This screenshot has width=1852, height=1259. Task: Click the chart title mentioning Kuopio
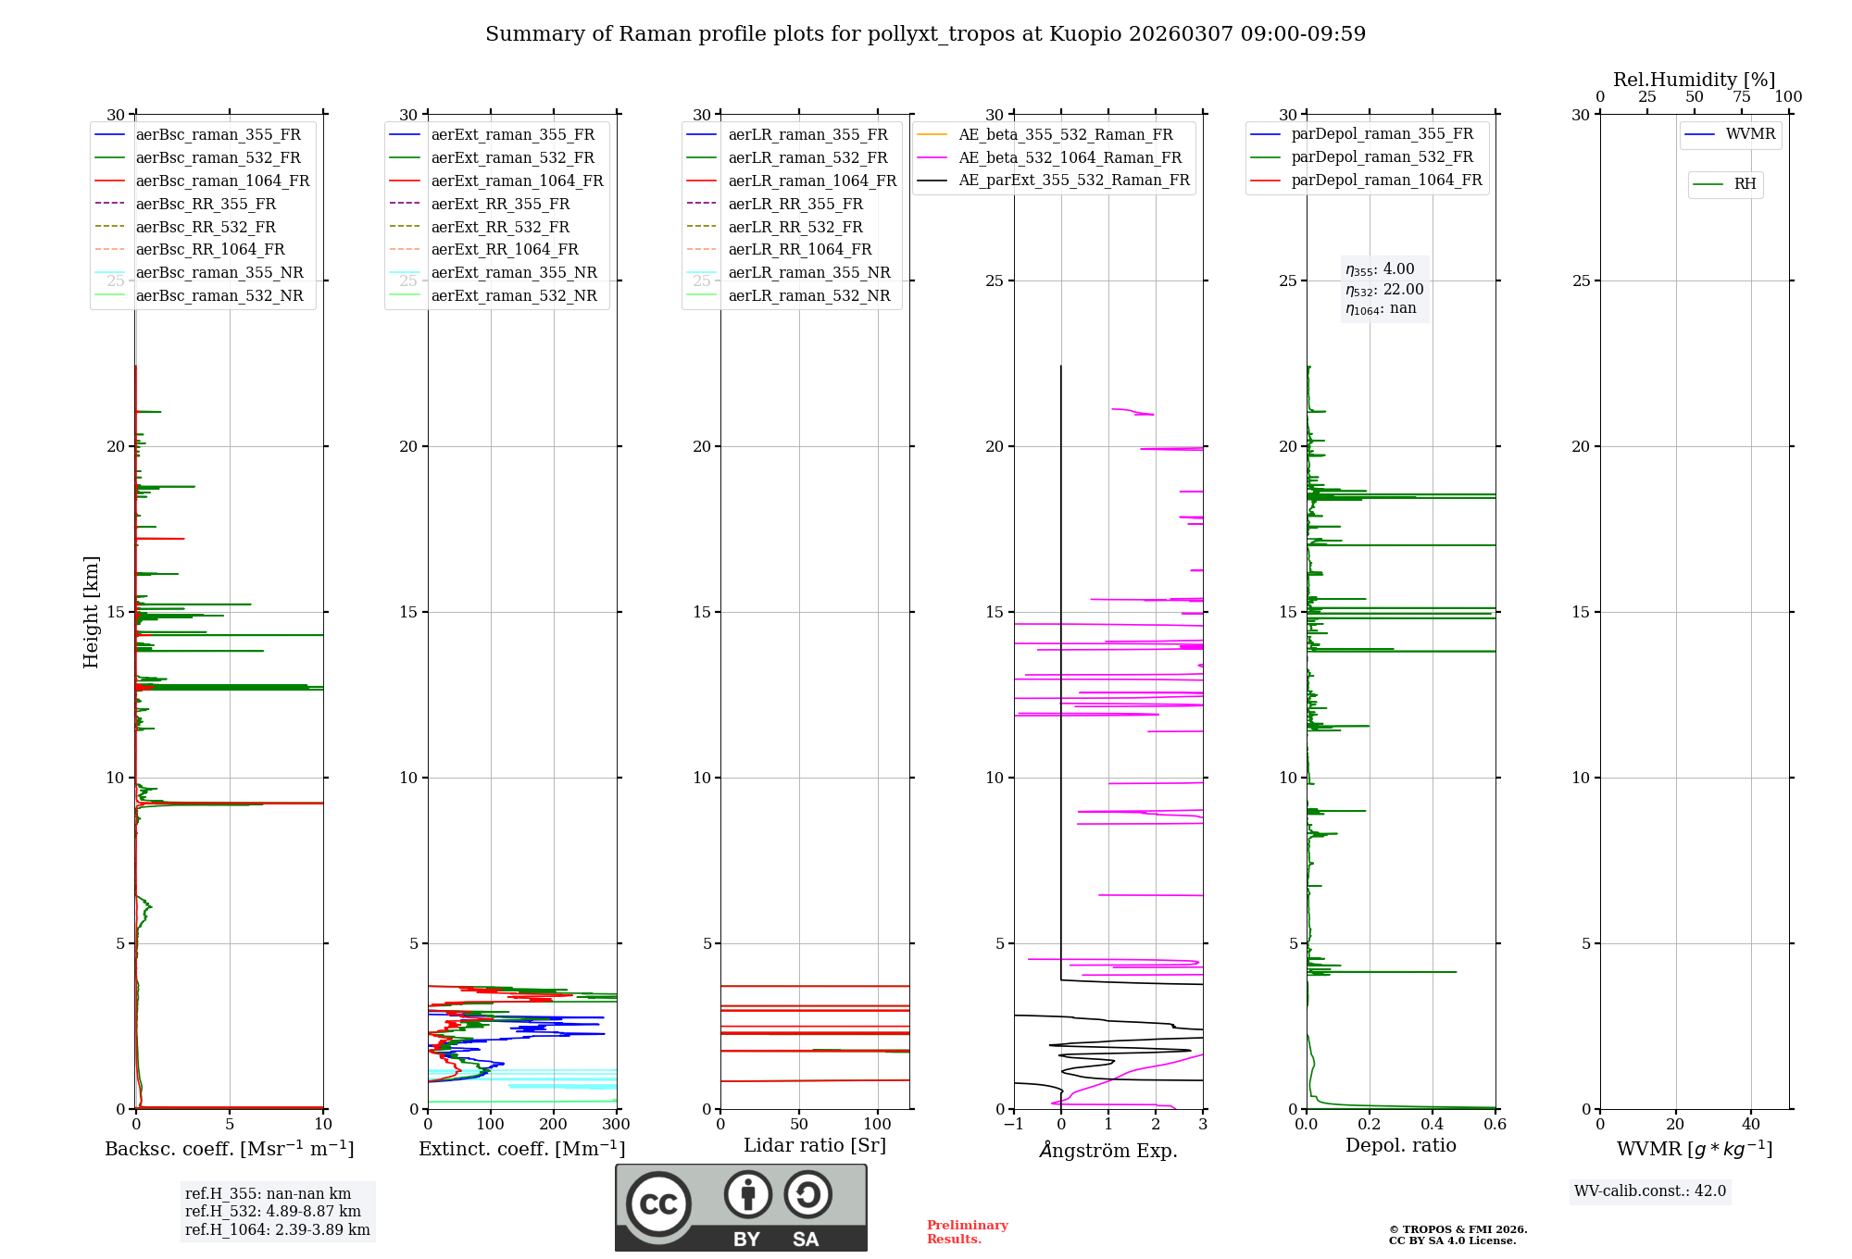[x=925, y=34]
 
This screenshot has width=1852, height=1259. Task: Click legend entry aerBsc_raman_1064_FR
[x=222, y=181]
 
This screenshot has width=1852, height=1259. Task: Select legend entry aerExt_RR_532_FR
[x=500, y=227]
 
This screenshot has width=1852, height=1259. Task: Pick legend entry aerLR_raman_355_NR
[x=808, y=272]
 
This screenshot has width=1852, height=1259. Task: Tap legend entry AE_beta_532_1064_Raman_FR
[x=1070, y=157]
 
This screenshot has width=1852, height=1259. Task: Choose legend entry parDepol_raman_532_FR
[x=1382, y=157]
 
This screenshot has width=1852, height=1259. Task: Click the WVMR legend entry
[x=1750, y=134]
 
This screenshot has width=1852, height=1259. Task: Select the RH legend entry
[x=1745, y=184]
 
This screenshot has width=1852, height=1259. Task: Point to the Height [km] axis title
[x=91, y=611]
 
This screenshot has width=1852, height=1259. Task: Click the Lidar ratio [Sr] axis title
[x=815, y=1145]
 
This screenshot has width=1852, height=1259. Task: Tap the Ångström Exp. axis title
[x=1108, y=1150]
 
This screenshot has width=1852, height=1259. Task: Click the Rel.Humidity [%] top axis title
[x=1694, y=80]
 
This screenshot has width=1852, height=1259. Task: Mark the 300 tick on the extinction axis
[x=616, y=1125]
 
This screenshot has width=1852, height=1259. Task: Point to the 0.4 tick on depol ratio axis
[x=1433, y=1125]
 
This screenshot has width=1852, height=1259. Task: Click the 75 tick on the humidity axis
[x=1742, y=97]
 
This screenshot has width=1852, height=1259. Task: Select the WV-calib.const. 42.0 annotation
[x=1650, y=1190]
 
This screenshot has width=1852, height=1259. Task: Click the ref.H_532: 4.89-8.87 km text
[x=273, y=1211]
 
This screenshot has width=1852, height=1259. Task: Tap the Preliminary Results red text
[x=967, y=1231]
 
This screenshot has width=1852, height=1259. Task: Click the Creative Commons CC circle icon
[x=658, y=1204]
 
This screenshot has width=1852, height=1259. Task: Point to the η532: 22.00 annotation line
[x=1384, y=290]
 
